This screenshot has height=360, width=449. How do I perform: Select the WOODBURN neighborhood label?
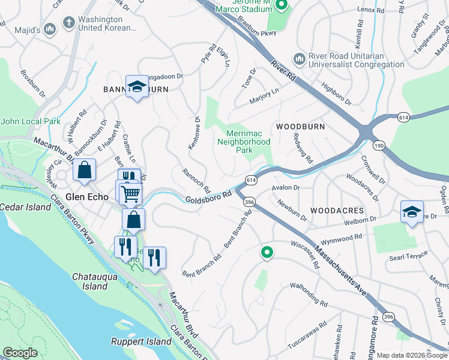pyautogui.click(x=300, y=127)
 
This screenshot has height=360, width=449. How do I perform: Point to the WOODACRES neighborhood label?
pyautogui.click(x=337, y=211)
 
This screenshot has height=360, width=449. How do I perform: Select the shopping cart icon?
pyautogui.click(x=130, y=193)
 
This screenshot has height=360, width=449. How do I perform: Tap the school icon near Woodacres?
pyautogui.click(x=412, y=212)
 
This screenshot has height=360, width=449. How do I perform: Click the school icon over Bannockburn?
pyautogui.click(x=137, y=87)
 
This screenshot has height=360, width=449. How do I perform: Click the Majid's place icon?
pyautogui.click(x=50, y=28)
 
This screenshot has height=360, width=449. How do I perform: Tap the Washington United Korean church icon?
pyautogui.click(x=70, y=23)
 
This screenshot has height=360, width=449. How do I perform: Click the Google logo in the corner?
pyautogui.click(x=20, y=353)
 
